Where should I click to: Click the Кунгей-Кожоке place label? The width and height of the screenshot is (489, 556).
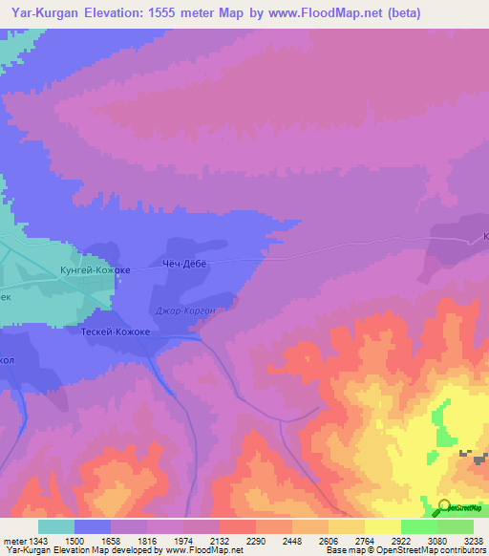[x=95, y=270]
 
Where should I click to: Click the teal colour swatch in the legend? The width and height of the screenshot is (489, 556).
[x=56, y=526]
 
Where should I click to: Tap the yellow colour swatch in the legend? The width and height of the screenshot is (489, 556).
[x=382, y=526]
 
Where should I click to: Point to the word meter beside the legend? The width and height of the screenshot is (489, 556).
[x=13, y=540]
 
